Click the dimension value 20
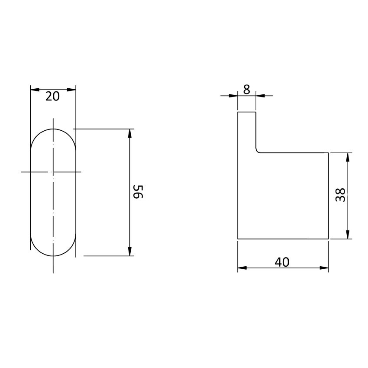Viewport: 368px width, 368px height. pos(52,97)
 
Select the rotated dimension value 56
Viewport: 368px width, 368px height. pos(138,192)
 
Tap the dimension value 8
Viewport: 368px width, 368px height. pos(247,90)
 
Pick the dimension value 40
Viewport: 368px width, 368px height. pos(282,262)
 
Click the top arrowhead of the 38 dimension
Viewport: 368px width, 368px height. pos(348,157)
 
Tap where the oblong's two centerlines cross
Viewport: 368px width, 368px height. pos(53,172)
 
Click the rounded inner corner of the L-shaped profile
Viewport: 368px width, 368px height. pos(258,151)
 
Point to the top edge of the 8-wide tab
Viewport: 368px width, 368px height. pos(247,112)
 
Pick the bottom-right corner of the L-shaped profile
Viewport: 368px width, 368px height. pos(328,239)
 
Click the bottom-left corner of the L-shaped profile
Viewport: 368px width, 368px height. pos(238,239)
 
